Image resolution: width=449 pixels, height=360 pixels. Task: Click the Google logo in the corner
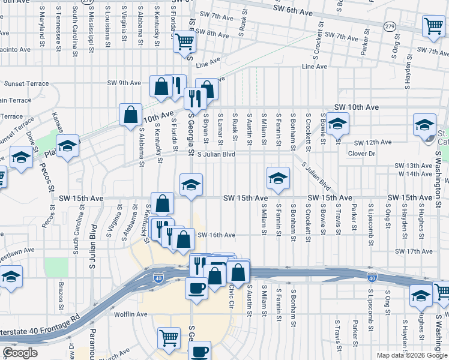tap(20, 353)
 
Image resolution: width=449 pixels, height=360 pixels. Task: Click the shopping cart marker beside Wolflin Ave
tap(169, 338)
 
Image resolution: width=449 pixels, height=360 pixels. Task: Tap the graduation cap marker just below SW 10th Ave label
tap(338, 123)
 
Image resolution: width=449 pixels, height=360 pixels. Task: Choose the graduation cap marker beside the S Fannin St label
tap(277, 178)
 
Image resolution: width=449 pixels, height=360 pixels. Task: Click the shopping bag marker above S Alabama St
tap(130, 114)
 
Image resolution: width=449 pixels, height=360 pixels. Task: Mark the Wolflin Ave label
tap(130, 314)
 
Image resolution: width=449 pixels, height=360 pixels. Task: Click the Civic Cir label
tap(231, 296)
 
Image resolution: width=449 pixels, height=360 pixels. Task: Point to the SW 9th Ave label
tap(123, 83)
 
